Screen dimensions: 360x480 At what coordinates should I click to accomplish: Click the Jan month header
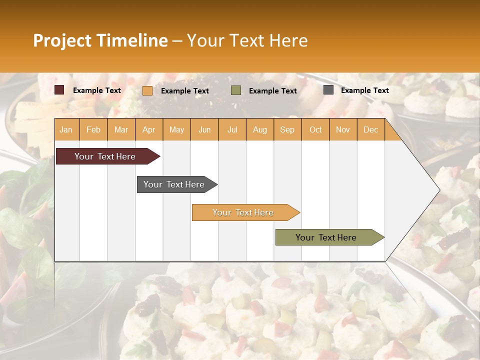(x=66, y=130)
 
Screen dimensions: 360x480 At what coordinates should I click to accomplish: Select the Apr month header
(x=148, y=130)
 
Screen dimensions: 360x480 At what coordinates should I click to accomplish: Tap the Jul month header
(x=232, y=130)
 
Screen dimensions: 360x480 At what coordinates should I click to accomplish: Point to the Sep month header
(x=287, y=130)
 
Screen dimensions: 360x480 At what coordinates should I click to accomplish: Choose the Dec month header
(x=370, y=130)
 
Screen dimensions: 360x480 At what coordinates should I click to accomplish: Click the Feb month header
(x=93, y=130)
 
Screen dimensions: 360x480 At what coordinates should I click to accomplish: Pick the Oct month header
(x=315, y=130)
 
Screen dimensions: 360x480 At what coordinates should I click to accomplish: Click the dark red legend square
(x=59, y=90)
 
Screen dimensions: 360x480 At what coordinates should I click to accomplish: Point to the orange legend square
(x=147, y=90)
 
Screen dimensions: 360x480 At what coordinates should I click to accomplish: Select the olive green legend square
(x=236, y=90)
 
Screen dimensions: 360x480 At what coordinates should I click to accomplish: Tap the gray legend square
(x=328, y=90)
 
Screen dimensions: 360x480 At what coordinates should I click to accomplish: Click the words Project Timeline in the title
(x=100, y=40)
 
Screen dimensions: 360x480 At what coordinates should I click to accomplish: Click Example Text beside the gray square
(x=364, y=90)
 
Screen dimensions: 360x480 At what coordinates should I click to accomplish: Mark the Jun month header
(x=204, y=130)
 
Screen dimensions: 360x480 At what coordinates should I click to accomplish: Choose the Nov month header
(x=343, y=130)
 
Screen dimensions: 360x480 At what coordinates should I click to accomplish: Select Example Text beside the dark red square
(x=97, y=90)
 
